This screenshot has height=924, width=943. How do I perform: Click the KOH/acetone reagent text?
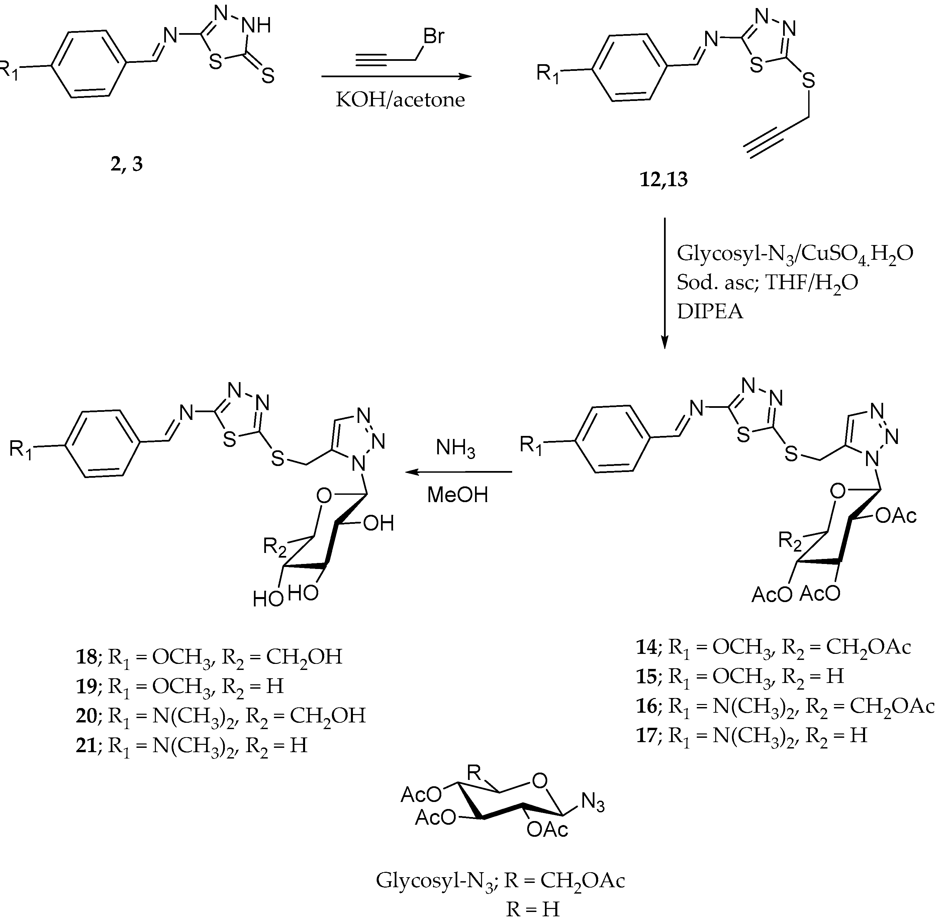coord(400,100)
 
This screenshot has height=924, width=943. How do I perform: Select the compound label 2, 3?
coord(127,164)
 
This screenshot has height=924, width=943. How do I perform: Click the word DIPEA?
coord(710,311)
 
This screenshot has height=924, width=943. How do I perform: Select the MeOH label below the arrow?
coord(457,495)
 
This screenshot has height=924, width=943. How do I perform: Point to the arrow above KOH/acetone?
coord(396,76)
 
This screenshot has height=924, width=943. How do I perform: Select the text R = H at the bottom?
coord(533,909)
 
